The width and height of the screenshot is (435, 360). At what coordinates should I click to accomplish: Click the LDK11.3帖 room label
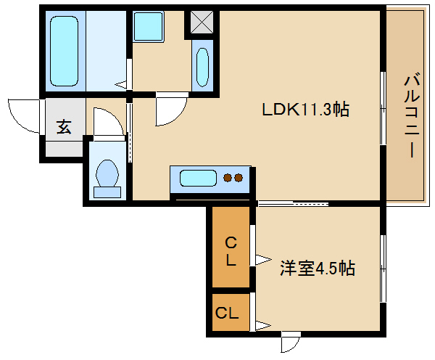click(306, 110)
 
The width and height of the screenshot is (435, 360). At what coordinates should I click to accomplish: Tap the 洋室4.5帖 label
click(318, 268)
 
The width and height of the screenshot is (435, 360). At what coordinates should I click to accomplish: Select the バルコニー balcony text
click(412, 115)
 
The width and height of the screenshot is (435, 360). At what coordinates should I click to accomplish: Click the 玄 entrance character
click(64, 127)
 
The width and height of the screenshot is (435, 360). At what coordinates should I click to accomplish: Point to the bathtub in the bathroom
click(64, 51)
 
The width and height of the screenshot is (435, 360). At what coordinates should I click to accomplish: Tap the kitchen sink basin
click(198, 178)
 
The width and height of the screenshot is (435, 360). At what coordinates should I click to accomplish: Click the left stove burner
click(228, 178)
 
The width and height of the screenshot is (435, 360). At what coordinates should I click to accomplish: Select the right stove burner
click(239, 178)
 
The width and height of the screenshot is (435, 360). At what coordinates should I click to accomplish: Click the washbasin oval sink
click(202, 67)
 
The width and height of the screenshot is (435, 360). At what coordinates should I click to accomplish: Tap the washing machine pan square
click(148, 26)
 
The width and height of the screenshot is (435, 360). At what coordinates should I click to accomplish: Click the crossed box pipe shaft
click(202, 22)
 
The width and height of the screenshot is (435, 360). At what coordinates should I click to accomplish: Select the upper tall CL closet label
click(231, 252)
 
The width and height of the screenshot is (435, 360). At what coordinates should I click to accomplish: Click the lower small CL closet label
click(227, 313)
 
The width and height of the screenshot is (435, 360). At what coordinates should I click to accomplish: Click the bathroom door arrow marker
click(121, 84)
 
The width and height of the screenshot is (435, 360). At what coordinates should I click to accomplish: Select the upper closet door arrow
click(263, 260)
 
